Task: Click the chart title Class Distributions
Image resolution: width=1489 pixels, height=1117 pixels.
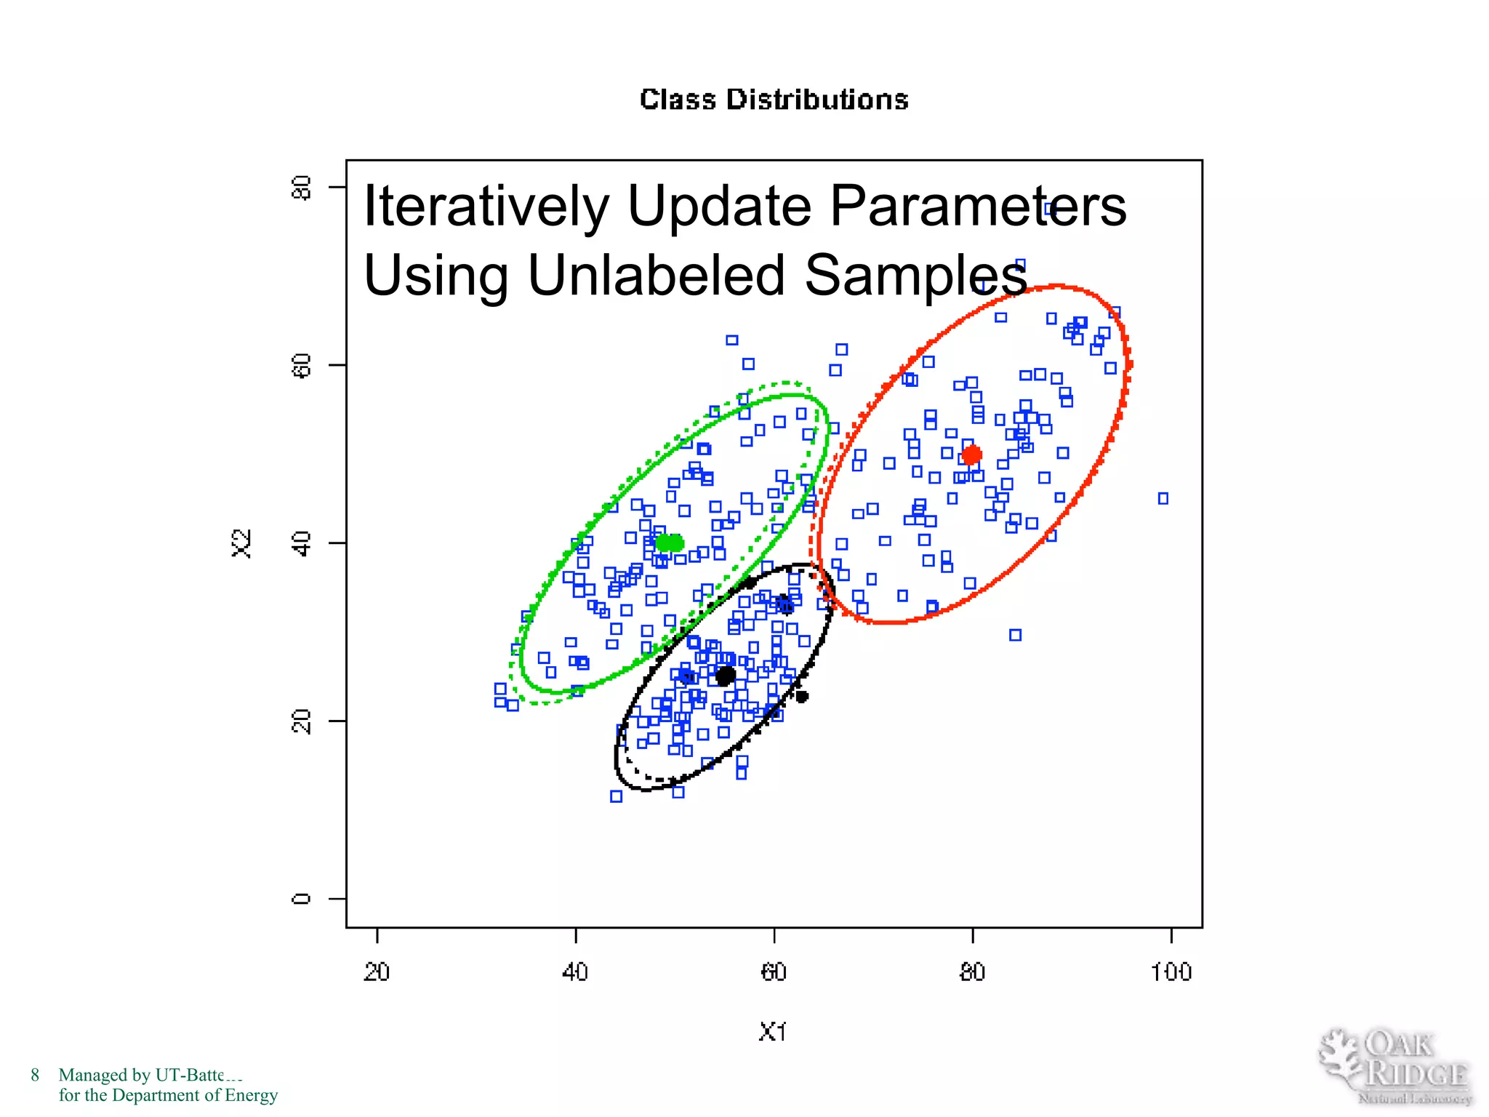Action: [x=774, y=100]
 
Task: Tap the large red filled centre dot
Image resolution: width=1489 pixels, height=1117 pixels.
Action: [x=971, y=455]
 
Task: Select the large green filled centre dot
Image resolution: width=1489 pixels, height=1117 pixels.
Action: [x=670, y=543]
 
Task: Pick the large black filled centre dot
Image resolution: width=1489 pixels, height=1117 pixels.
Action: [x=725, y=676]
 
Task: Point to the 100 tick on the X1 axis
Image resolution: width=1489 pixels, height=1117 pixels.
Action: [x=1171, y=972]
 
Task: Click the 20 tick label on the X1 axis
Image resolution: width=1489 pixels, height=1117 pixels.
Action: [x=377, y=972]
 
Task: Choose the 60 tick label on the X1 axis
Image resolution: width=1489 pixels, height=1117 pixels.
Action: [x=774, y=972]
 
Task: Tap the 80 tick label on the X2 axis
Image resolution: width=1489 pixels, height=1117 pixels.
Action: [x=301, y=188]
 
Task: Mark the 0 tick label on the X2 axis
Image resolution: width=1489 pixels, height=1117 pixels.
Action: [x=301, y=899]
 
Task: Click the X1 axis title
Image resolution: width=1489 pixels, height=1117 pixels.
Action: [x=772, y=1032]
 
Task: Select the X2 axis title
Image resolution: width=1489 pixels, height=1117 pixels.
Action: [x=241, y=543]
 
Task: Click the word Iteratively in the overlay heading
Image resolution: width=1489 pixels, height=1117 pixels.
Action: [x=486, y=207]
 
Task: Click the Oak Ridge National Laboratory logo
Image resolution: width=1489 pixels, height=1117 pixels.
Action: [x=1395, y=1067]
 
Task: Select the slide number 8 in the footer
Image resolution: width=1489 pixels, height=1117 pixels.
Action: [x=35, y=1075]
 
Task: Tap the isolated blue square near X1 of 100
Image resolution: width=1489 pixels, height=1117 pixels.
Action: [x=1163, y=498]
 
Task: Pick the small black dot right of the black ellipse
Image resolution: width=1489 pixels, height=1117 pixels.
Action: [x=801, y=696]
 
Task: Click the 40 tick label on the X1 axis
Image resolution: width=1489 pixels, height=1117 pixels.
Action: [x=575, y=972]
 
